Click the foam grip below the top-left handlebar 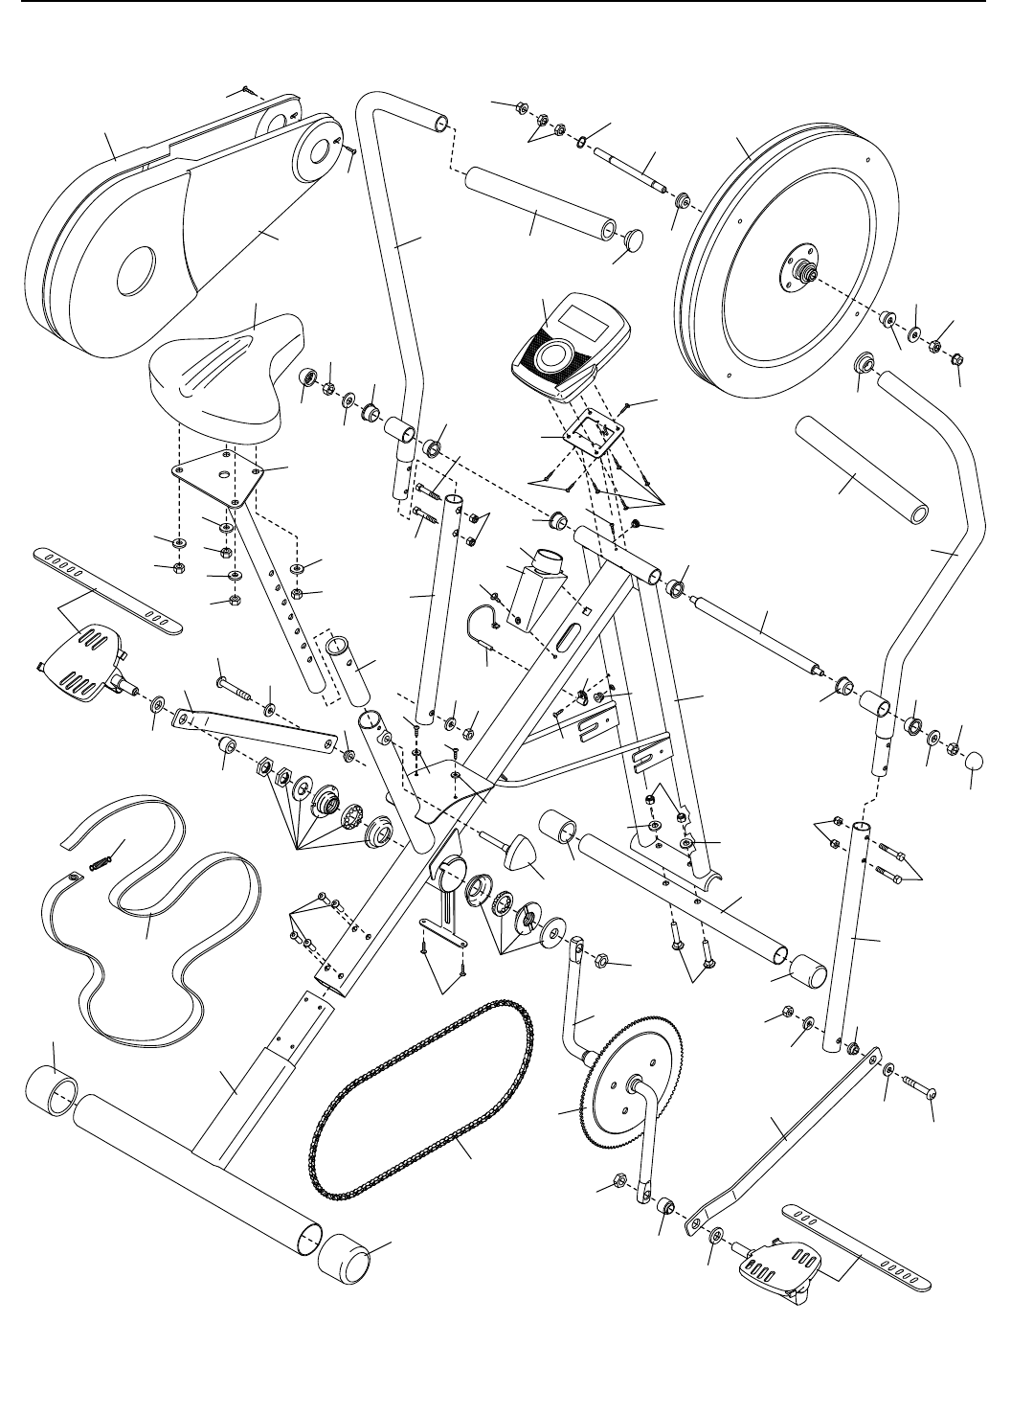click(x=536, y=205)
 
